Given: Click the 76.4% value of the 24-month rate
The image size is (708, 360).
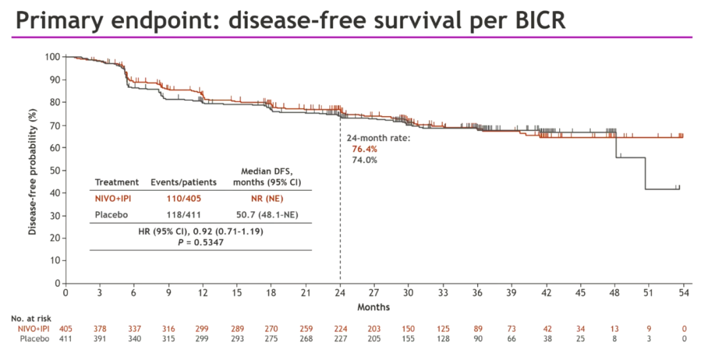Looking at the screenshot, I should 364,150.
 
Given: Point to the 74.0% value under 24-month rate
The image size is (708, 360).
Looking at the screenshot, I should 364,159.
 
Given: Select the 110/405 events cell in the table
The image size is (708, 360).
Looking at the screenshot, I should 174,199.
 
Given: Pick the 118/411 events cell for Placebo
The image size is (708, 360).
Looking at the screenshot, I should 174,215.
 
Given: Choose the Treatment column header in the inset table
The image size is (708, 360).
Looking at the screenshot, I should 117,182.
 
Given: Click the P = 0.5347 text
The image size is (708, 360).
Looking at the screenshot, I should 201,242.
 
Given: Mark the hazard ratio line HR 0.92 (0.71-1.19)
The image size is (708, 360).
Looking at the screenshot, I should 201,231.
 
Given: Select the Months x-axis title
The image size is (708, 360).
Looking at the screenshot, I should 374,307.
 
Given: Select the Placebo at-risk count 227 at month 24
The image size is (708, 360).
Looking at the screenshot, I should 340,338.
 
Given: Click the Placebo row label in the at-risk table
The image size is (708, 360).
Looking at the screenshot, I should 35,338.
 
